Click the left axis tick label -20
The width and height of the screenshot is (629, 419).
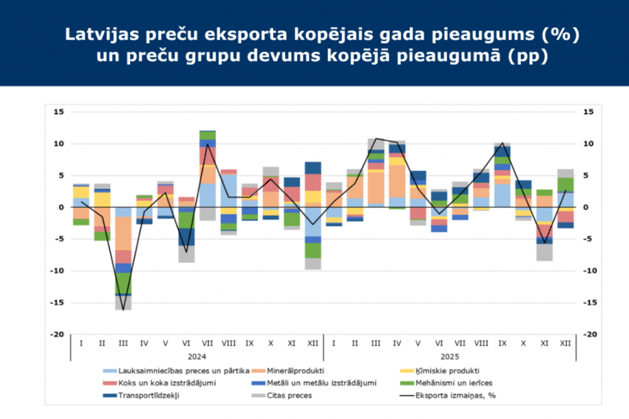(58, 335)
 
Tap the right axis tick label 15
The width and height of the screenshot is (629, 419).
(589, 112)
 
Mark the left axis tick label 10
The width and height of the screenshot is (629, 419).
(60, 144)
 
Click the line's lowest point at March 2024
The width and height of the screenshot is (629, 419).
(123, 310)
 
